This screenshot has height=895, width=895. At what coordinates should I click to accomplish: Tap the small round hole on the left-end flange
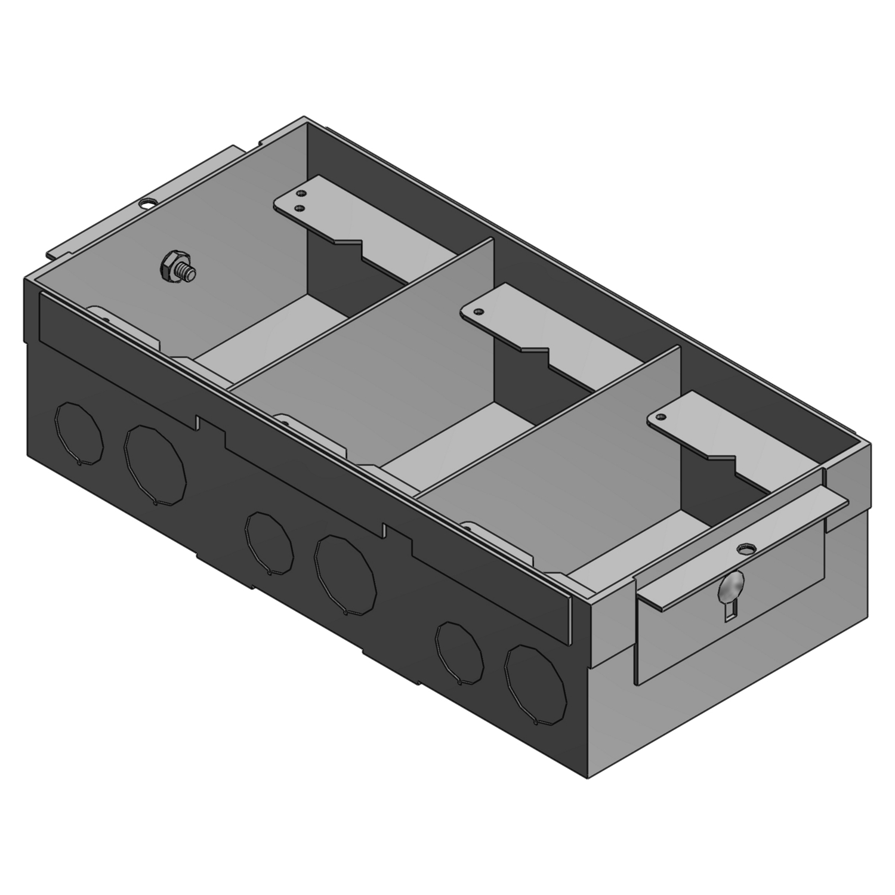tap(144, 203)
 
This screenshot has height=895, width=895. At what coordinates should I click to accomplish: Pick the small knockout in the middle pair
tap(269, 542)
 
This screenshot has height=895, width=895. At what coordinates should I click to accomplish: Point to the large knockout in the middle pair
tap(345, 573)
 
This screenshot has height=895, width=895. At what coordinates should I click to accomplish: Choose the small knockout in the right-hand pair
tap(459, 652)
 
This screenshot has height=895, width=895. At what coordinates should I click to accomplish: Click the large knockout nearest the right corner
tap(535, 684)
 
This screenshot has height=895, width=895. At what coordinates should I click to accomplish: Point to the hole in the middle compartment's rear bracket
tap(479, 311)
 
